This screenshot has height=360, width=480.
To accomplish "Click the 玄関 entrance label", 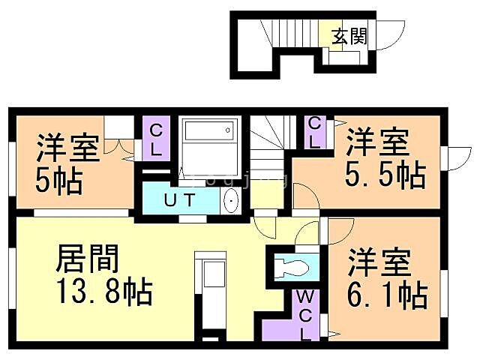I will coord(350,36).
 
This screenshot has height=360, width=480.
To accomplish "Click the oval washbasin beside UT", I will coord(230,201).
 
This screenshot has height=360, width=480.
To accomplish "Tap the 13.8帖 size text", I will coord(104,290).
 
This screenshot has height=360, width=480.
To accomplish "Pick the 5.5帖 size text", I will coord(385,175).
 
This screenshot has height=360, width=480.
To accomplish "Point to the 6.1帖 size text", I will coord(387,294).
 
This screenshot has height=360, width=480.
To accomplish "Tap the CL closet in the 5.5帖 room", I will coord(316,131).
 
